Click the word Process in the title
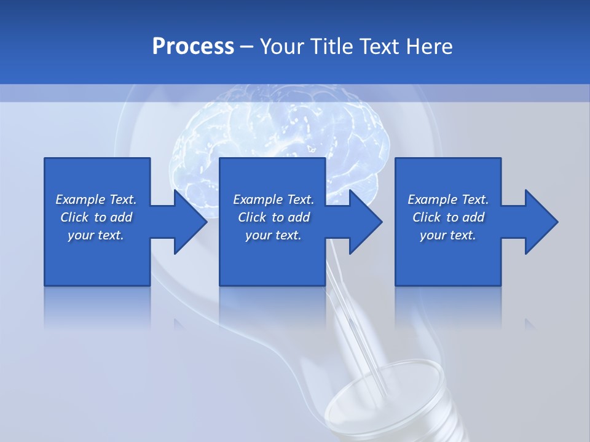pos(193,47)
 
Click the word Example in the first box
pos(81,200)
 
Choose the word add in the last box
pos(473,217)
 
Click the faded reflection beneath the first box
pos(97,307)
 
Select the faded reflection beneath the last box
pos(448,307)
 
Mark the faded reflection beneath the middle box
pos(272,307)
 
